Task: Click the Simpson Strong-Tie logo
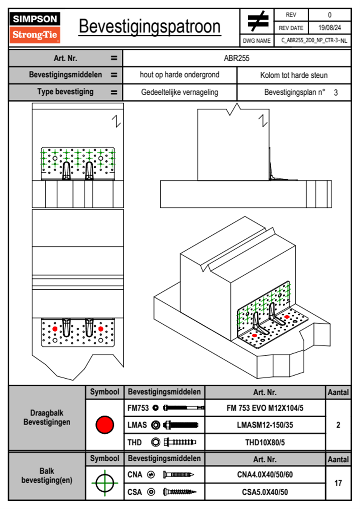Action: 35,28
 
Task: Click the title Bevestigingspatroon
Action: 149,27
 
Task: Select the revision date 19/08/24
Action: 329,28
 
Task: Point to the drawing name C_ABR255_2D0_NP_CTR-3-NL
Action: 313,41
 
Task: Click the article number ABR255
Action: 237,58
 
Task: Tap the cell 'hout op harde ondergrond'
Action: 179,75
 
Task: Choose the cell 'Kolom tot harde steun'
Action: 294,75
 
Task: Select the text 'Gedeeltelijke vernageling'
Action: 179,92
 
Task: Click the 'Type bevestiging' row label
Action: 65,92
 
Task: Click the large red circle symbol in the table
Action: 105,425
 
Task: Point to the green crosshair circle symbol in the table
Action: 105,483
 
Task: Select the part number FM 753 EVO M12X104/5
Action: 265,408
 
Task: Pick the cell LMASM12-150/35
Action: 265,425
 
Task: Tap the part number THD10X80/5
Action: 265,442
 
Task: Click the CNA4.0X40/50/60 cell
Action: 265,475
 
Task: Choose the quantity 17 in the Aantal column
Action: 338,483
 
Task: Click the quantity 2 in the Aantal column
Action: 338,425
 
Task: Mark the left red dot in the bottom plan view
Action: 55,329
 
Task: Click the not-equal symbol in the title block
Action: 257,21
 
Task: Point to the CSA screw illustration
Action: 179,492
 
